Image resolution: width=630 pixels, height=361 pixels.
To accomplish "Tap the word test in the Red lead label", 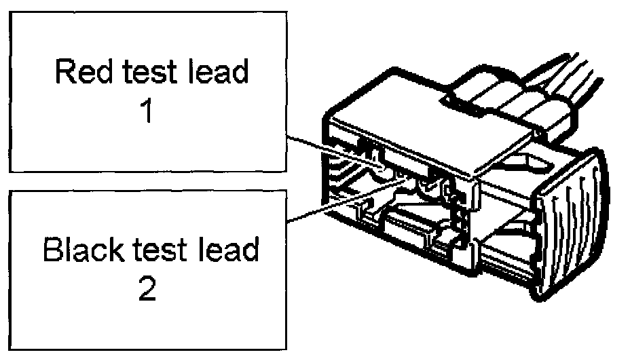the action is pyautogui.click(x=147, y=73).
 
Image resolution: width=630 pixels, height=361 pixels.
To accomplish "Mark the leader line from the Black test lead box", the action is pyautogui.click(x=326, y=207).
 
